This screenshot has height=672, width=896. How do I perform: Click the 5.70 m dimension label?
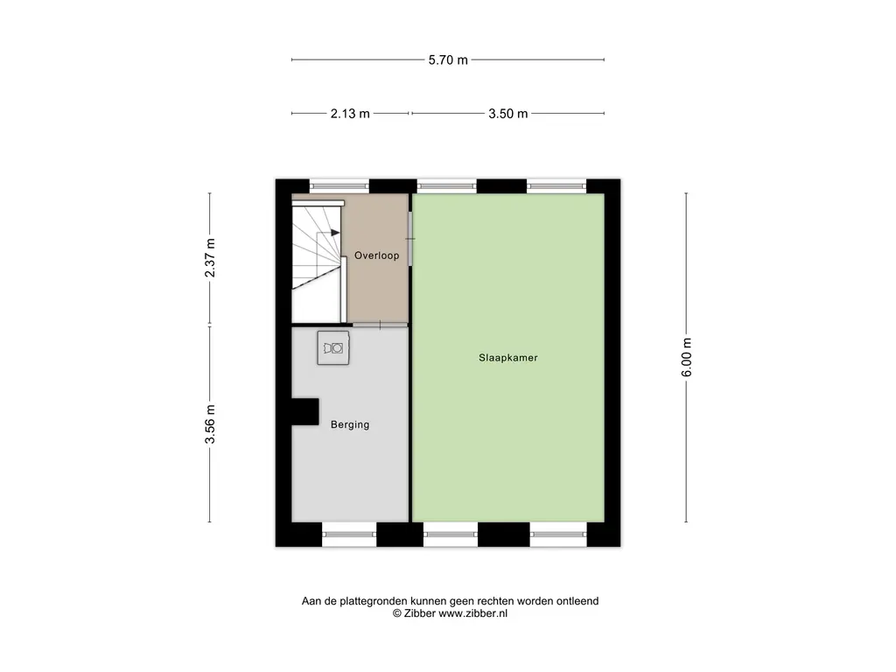pyautogui.click(x=448, y=60)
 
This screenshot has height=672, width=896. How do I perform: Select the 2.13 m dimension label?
pyautogui.click(x=350, y=114)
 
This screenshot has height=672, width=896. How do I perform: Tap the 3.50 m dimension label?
pyautogui.click(x=508, y=114)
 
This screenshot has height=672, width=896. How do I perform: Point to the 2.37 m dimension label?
pyautogui.click(x=210, y=258)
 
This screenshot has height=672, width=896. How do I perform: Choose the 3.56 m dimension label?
pyautogui.click(x=210, y=424)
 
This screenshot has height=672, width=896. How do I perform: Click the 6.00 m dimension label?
pyautogui.click(x=687, y=357)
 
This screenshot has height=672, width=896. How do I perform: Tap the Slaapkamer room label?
pyautogui.click(x=508, y=358)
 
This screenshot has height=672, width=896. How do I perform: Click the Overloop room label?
pyautogui.click(x=376, y=255)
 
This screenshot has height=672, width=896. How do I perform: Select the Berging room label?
pyautogui.click(x=350, y=424)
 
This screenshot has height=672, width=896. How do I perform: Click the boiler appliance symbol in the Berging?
pyautogui.click(x=333, y=347)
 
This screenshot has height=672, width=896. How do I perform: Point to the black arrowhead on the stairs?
pyautogui.click(x=335, y=233)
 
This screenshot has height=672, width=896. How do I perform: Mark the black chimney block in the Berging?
pyautogui.click(x=305, y=411)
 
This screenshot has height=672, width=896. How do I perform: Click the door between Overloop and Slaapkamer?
pyautogui.click(x=410, y=239)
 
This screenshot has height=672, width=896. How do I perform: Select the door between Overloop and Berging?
pyautogui.click(x=380, y=325)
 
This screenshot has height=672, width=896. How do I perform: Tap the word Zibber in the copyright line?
pyautogui.click(x=419, y=613)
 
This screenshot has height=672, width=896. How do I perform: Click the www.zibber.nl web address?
pyautogui.click(x=472, y=613)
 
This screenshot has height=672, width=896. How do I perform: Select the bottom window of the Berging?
pyautogui.click(x=349, y=535)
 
